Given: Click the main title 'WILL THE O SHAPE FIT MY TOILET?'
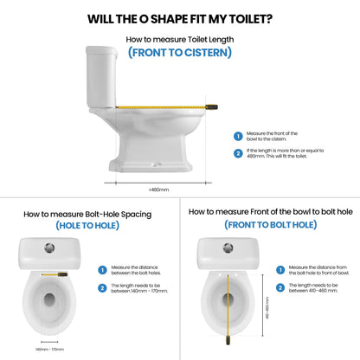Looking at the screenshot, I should (179, 18).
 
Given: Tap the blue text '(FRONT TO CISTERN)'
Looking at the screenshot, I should (179, 53).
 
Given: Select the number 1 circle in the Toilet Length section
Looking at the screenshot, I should (238, 136).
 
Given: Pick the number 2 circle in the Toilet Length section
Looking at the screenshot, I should (238, 154).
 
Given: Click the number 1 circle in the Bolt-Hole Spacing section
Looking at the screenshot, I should (102, 270).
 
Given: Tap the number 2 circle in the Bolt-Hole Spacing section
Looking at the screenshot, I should (102, 287).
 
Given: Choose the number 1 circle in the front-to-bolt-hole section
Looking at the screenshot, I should (281, 270).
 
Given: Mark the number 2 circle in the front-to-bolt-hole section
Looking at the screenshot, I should (281, 287).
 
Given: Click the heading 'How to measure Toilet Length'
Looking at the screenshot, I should (179, 39).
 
